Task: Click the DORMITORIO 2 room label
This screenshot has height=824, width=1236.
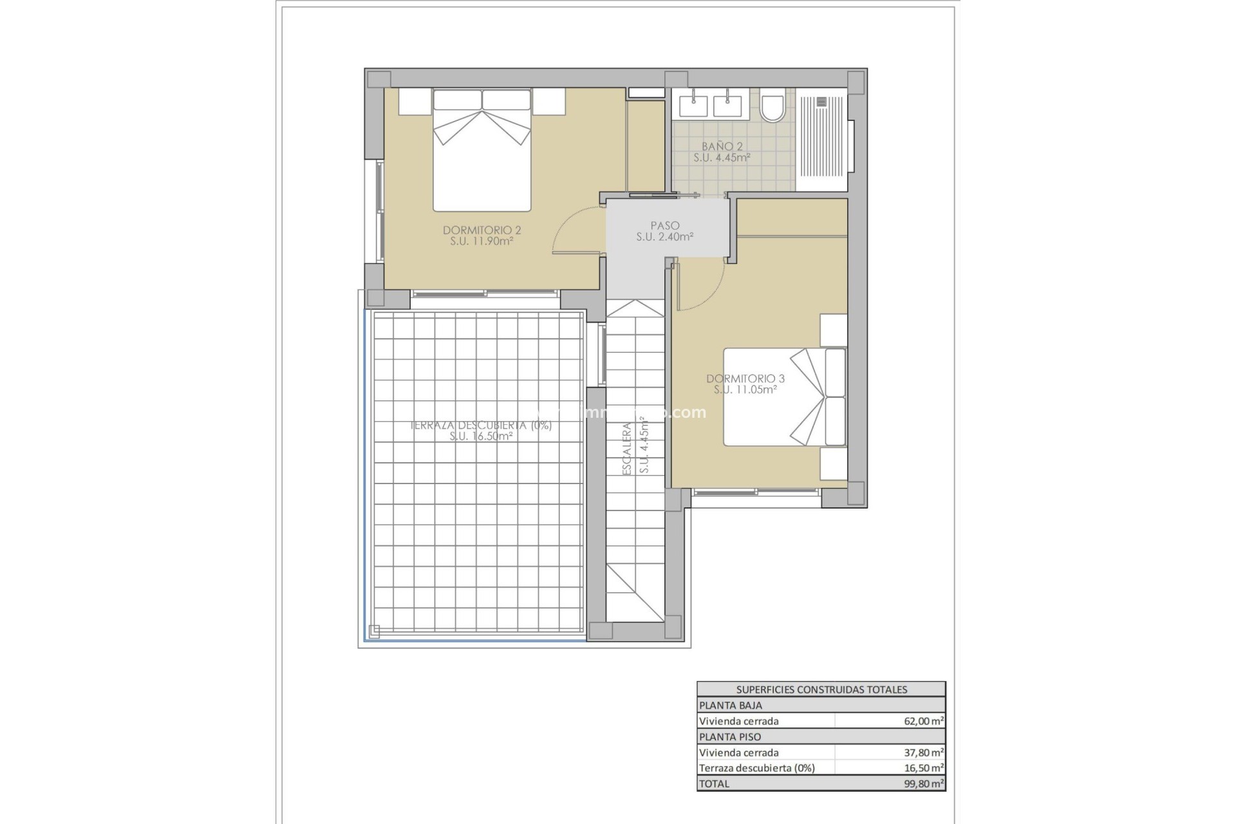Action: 482,230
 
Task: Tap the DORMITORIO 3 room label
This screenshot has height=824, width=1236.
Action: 745,379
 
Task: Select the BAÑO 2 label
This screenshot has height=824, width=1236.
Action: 722,147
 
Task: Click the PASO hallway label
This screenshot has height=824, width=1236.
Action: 664,226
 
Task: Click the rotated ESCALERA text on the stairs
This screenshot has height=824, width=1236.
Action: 627,449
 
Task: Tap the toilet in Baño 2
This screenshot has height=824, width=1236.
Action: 771,108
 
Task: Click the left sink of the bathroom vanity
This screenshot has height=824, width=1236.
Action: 693,106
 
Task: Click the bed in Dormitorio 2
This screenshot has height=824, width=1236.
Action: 482,151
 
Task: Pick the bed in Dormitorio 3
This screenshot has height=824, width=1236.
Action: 784,397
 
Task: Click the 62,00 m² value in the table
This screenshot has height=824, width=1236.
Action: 923,722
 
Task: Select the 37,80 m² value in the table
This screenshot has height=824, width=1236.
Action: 923,753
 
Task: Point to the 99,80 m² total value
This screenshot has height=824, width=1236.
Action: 923,784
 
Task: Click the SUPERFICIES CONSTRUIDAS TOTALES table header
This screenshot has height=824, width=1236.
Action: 821,689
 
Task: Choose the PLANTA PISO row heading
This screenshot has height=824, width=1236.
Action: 729,737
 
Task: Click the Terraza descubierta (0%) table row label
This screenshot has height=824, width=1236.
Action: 756,768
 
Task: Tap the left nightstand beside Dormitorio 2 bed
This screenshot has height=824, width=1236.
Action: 415,102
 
